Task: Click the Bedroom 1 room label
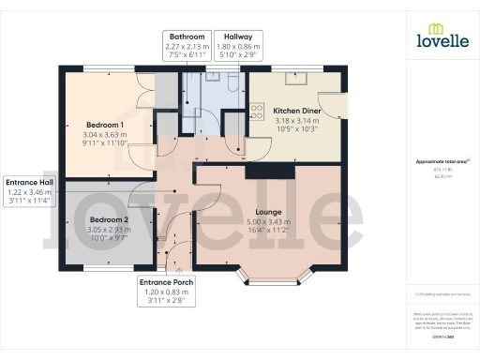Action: click(105, 125)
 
